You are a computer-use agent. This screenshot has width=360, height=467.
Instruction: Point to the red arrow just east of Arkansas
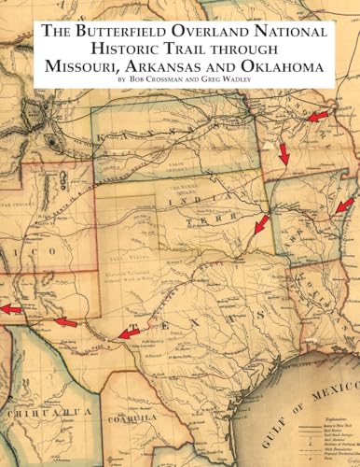[x=344, y=205]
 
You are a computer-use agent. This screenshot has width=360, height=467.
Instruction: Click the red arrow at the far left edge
[x=10, y=308]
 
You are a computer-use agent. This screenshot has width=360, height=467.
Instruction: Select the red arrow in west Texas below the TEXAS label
[x=129, y=333]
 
